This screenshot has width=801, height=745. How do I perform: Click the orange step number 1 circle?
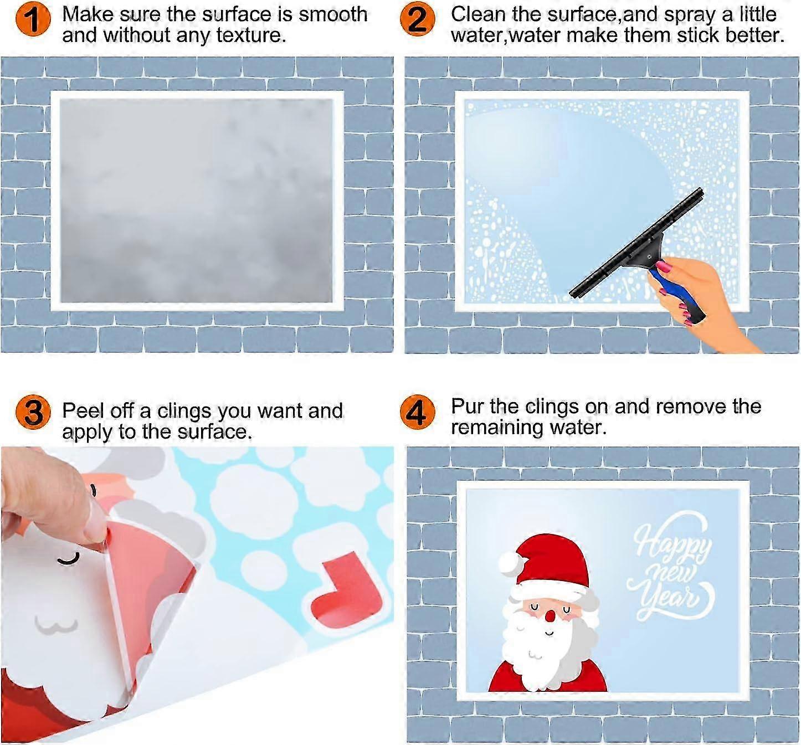[x=33, y=19]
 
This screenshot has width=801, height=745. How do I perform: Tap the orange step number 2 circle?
[x=418, y=19]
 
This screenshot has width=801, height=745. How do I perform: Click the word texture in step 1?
[x=251, y=35]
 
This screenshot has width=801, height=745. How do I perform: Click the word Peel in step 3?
[x=83, y=410]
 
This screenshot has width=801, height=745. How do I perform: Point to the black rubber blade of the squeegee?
[x=636, y=244]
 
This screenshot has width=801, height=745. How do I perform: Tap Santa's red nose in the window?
[x=550, y=615]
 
